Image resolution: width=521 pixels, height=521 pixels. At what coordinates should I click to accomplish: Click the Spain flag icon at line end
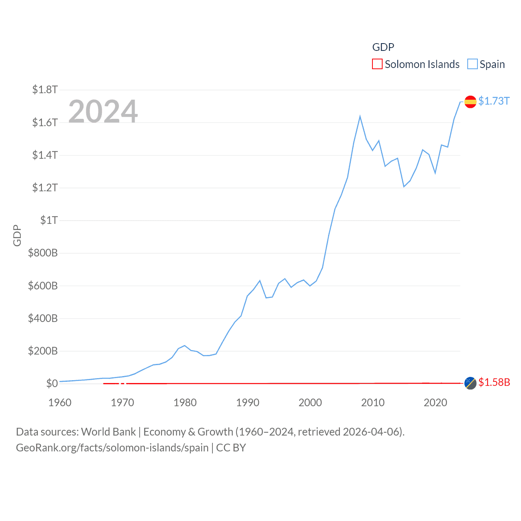click(471, 101)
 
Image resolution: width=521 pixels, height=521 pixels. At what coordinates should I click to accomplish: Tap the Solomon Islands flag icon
click(471, 383)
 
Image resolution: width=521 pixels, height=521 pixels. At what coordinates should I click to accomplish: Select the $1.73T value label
click(494, 101)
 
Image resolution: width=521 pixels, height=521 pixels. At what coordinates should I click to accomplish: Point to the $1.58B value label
click(494, 382)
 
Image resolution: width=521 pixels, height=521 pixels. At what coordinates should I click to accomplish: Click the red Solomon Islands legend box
click(377, 64)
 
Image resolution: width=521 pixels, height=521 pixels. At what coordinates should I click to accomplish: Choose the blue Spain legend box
click(472, 64)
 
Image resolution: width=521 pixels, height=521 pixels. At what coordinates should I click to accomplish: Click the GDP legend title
click(383, 47)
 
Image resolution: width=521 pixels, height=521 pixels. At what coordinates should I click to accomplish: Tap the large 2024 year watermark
click(103, 112)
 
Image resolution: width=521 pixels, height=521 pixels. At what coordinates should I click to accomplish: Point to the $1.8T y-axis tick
click(45, 90)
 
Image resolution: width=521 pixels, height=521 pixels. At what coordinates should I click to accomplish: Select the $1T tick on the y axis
click(49, 220)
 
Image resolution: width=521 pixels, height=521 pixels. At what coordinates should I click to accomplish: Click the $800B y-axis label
click(43, 253)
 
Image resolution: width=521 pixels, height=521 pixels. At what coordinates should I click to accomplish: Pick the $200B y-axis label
click(43, 351)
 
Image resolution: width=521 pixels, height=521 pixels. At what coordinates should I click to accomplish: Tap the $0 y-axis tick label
click(52, 383)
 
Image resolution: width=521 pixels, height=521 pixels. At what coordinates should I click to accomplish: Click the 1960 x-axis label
click(60, 403)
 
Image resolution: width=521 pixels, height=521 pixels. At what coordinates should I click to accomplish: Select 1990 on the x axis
click(247, 403)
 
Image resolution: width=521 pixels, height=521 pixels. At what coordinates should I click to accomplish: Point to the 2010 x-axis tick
click(373, 403)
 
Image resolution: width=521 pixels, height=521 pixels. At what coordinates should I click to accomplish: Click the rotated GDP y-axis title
click(17, 235)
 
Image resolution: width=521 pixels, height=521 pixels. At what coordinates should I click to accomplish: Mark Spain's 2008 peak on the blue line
click(360, 117)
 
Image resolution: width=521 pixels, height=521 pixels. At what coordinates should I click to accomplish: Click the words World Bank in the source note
click(108, 431)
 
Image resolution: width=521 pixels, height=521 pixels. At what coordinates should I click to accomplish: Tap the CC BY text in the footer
click(231, 448)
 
